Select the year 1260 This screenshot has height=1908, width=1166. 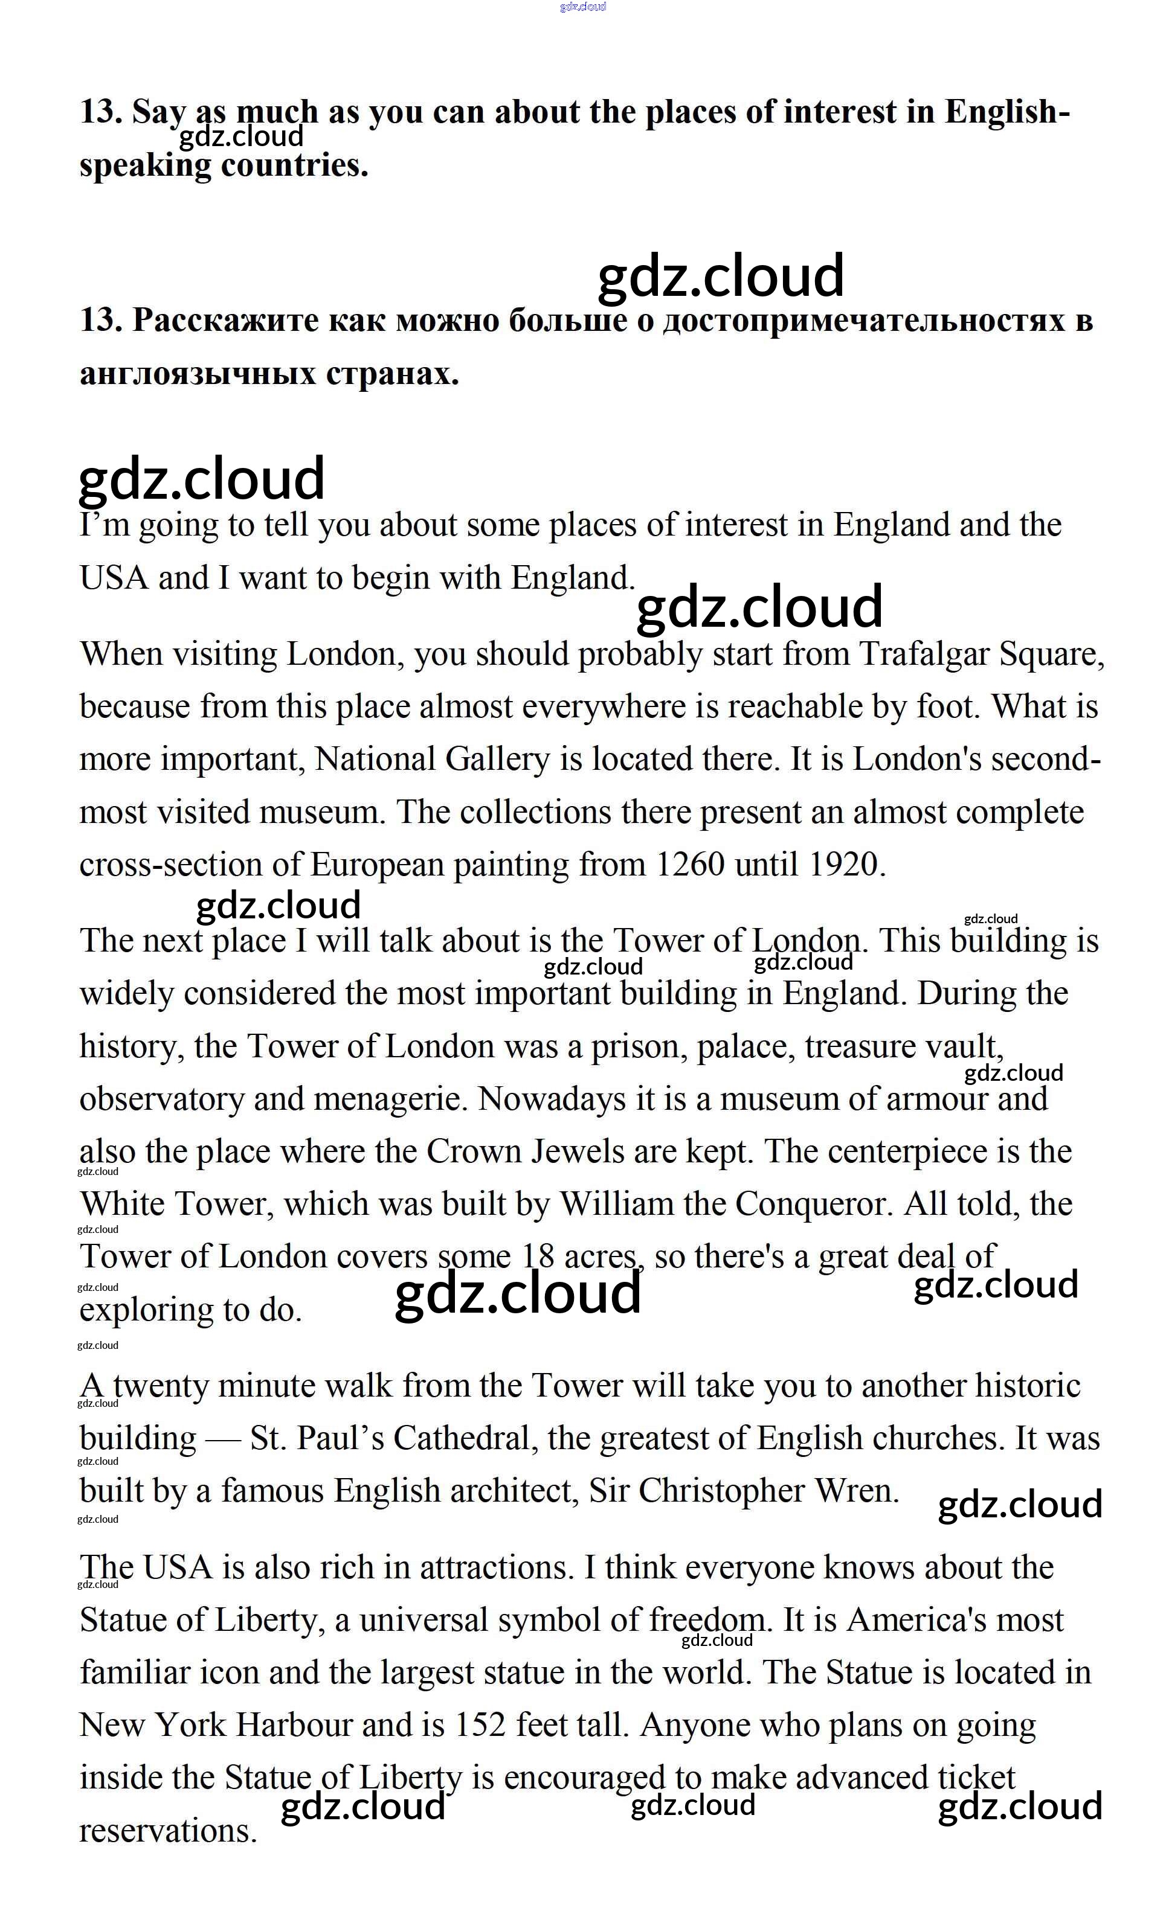click(689, 865)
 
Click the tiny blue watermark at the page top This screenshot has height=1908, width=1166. click(582, 7)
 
